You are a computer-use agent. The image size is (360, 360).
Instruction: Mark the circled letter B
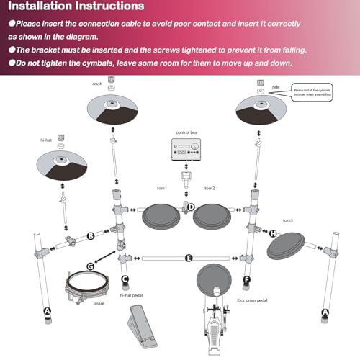(91, 235)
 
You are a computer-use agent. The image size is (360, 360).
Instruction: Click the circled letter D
(191, 207)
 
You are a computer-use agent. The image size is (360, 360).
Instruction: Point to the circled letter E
(189, 257)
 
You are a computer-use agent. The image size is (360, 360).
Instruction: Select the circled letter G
(91, 266)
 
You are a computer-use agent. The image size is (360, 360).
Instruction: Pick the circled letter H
(273, 233)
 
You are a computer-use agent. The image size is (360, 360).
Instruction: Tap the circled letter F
(247, 279)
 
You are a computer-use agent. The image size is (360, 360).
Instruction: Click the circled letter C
(125, 279)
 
